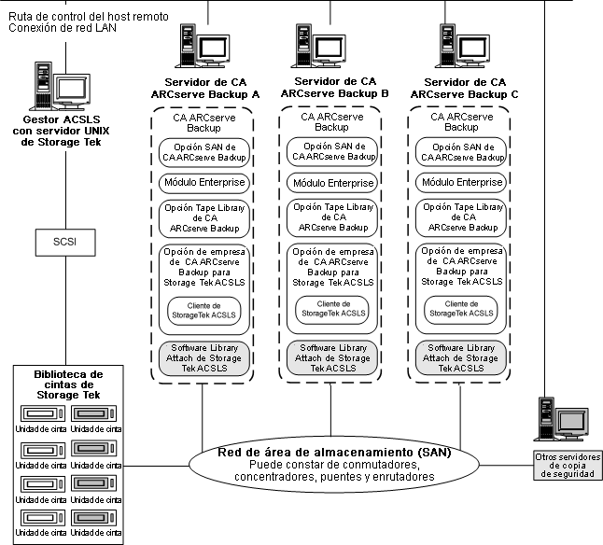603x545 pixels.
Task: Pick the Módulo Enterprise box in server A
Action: (203, 183)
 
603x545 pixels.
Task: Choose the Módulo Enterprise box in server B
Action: (332, 183)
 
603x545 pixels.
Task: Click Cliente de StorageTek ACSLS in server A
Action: (203, 309)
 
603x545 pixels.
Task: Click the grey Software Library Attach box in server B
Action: (332, 358)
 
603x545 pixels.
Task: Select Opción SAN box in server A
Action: (203, 151)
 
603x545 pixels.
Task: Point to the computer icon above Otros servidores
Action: (562, 420)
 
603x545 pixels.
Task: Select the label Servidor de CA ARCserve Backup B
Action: (332, 90)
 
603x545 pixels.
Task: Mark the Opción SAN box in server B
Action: (332, 151)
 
